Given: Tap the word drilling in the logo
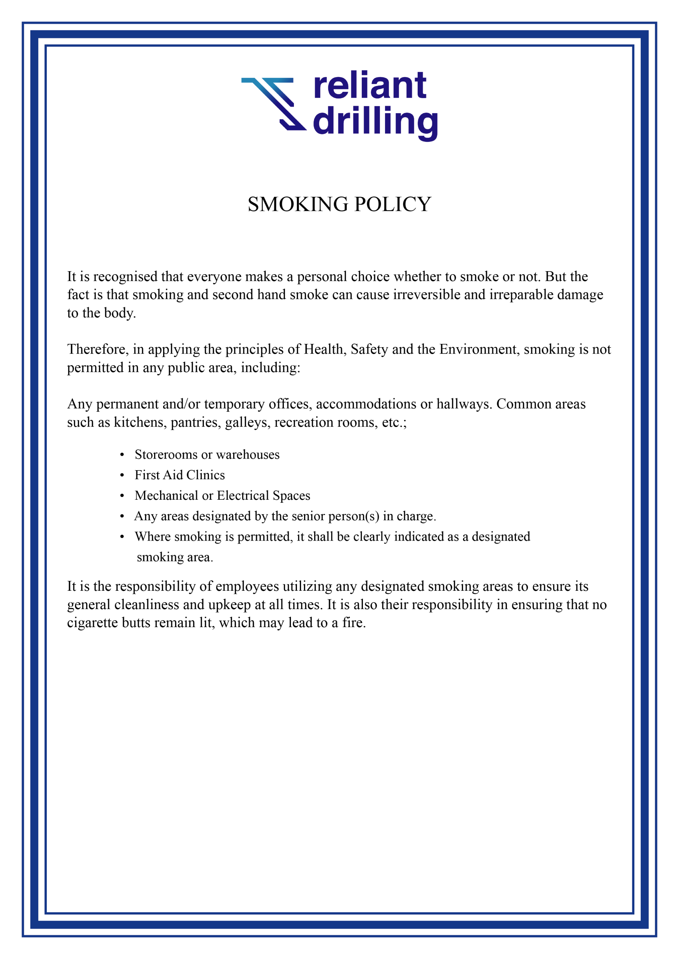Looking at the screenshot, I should click(x=375, y=122).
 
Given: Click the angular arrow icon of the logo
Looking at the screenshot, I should click(x=274, y=104).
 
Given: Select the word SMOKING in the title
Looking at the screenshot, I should click(x=298, y=204).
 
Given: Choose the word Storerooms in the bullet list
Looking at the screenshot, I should click(x=166, y=455).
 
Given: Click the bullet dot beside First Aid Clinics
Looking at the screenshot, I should click(x=122, y=475).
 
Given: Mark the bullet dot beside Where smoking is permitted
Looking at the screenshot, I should click(x=122, y=537).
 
